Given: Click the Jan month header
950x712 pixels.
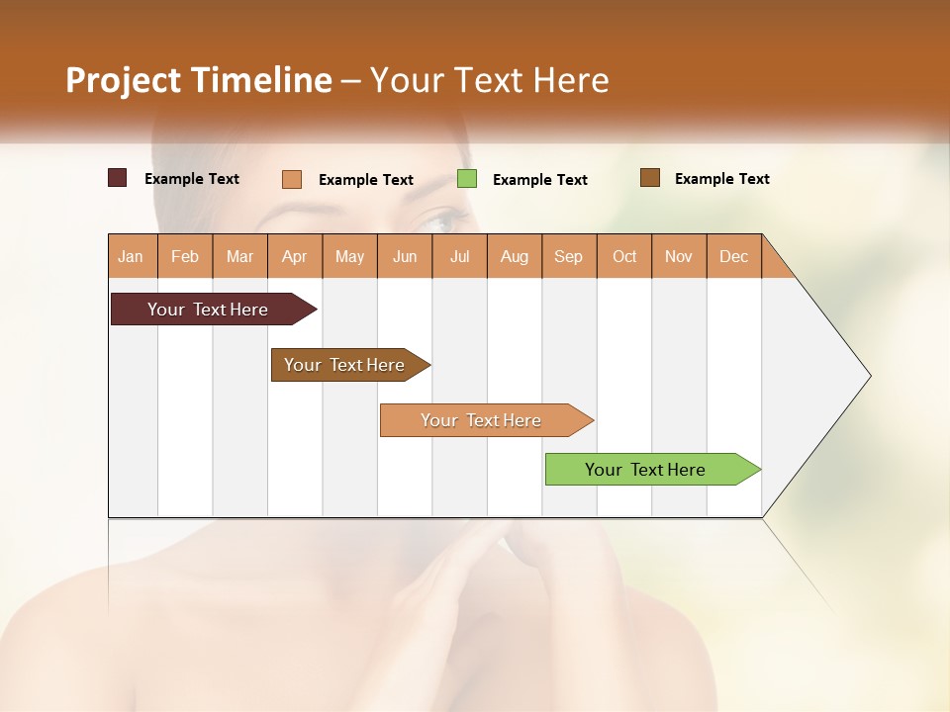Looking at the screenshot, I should click(132, 256).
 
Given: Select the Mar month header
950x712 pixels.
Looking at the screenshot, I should click(239, 256).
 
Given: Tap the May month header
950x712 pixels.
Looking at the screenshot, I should click(349, 256).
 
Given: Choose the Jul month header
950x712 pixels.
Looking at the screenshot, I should click(459, 256).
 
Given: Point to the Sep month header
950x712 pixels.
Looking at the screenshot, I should click(568, 256).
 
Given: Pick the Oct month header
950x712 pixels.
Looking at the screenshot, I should click(624, 256).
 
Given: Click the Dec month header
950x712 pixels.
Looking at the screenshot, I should click(733, 256).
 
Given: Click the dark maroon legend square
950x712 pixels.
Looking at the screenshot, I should click(117, 178).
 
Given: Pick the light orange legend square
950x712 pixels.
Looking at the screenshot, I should click(291, 179).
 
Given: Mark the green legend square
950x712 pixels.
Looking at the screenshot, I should click(466, 179).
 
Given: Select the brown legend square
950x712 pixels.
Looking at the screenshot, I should click(649, 178).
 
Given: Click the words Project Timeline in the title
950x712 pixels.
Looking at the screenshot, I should click(198, 80).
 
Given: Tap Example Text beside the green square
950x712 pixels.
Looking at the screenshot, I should click(539, 180).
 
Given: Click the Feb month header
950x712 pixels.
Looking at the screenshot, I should click(185, 256).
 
